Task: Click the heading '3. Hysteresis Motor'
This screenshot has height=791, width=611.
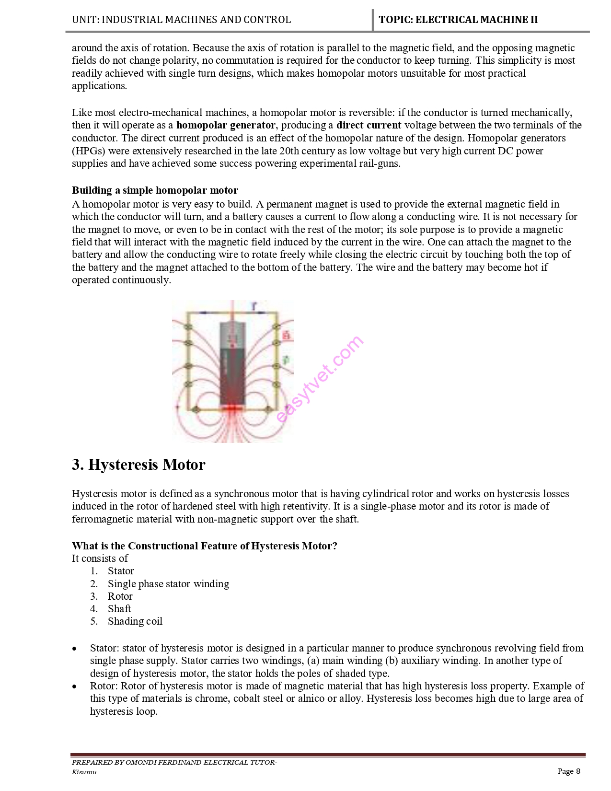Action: (x=138, y=465)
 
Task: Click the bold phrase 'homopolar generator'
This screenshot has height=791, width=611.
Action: (x=226, y=125)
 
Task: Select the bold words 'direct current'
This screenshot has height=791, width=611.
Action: (x=369, y=125)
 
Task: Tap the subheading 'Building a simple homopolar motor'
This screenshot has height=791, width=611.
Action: (x=155, y=190)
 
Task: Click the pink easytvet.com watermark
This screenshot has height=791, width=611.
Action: (x=320, y=379)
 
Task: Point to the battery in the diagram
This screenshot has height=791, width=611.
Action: (x=232, y=364)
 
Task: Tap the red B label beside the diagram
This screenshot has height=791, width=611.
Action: (x=287, y=335)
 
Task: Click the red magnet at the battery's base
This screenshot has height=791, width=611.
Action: (x=232, y=408)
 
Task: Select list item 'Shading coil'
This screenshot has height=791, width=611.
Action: (x=135, y=621)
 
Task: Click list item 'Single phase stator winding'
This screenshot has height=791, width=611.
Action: (x=168, y=584)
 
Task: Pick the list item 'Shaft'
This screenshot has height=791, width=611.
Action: (x=119, y=609)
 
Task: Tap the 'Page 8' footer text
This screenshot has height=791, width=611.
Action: (x=569, y=771)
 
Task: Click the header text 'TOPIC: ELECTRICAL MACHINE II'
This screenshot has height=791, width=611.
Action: (x=458, y=20)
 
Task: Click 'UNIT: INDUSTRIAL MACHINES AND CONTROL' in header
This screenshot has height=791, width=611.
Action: (x=181, y=20)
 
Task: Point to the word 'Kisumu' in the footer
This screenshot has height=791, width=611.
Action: (x=84, y=772)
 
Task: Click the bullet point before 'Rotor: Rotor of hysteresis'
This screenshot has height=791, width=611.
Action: (x=74, y=686)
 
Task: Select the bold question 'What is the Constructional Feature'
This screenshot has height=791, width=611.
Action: (x=204, y=546)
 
